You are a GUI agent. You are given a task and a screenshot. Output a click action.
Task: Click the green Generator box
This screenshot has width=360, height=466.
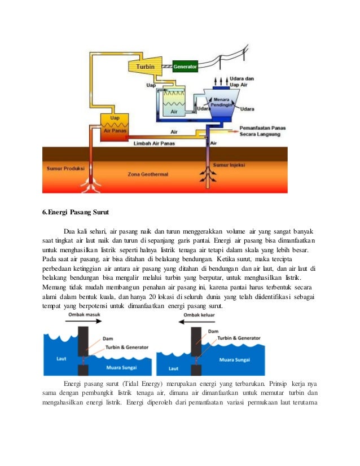(x=185, y=67)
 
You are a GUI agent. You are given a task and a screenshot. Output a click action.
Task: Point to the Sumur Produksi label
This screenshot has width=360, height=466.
(x=63, y=168)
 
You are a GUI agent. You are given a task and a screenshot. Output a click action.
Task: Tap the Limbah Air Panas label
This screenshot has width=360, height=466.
(x=154, y=144)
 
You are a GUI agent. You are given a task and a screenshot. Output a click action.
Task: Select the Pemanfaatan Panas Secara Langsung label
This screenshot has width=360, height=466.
(x=263, y=131)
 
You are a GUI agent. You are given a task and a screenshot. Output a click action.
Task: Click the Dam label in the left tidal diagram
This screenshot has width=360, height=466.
(x=107, y=338)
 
